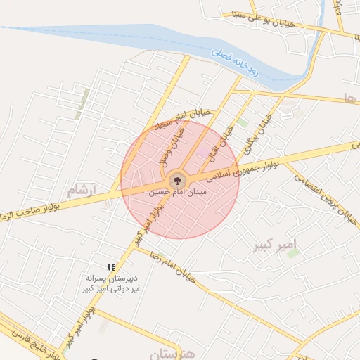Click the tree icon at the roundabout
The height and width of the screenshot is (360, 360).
[178, 180]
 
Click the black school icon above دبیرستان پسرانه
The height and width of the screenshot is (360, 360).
[111, 266]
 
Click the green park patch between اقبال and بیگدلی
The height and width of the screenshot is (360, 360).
[243, 123]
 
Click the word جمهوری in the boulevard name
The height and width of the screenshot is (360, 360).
[243, 166]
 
